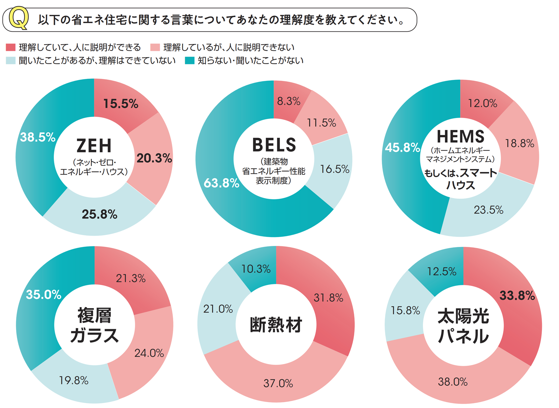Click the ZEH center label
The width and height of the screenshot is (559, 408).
tap(94, 146)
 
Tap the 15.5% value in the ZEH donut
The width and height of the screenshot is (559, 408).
tap(121, 104)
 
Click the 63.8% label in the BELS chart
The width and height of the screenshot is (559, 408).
tap(221, 183)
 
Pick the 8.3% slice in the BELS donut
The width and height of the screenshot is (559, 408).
tap(289, 101)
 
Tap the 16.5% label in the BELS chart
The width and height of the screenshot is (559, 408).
tap(334, 169)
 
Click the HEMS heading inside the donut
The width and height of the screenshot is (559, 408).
tap(460, 136)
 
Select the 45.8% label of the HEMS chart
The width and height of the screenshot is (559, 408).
tap(402, 148)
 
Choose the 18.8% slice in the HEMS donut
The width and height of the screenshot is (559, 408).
tap(519, 143)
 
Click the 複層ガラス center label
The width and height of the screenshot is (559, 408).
tap(94, 325)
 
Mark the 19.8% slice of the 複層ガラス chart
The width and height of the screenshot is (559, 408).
tap(74, 381)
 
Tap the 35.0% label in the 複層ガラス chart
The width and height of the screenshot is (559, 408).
tap(43, 295)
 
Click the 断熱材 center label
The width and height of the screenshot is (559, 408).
tap(276, 325)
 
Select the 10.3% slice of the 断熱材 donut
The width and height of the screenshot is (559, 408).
tap(256, 269)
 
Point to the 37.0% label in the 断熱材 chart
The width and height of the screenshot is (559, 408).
tap(278, 383)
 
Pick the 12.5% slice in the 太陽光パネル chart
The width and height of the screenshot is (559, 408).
tap(441, 272)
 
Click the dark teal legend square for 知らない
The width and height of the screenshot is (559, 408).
tap(190, 60)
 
